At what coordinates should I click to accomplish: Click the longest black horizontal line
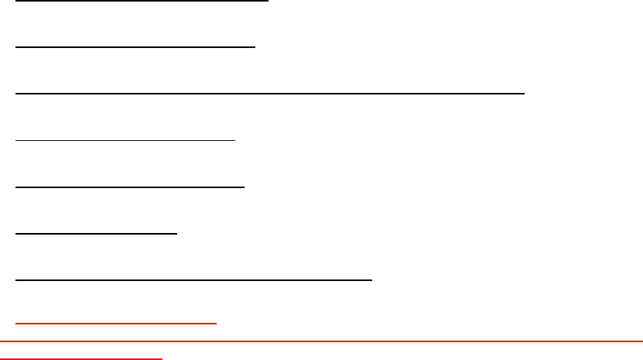tap(270, 93)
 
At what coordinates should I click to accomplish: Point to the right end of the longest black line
tap(525, 93)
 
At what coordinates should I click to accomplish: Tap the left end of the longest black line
tap(15, 93)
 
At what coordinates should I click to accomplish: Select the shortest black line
tap(97, 231)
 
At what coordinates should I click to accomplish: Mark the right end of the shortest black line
tap(177, 231)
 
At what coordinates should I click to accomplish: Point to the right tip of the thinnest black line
tap(234, 140)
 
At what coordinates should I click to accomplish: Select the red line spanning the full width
tap(321, 341)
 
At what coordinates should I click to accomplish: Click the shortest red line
tap(81, 358)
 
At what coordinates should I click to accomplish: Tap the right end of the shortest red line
tap(162, 358)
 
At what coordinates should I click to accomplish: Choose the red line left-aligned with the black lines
tap(116, 323)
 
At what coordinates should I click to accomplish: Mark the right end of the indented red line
tap(217, 323)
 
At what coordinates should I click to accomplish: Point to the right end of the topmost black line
tap(268, 1)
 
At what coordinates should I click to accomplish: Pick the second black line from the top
tap(135, 46)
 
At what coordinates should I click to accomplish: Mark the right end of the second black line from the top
tap(255, 46)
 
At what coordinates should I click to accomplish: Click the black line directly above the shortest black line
tap(130, 186)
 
